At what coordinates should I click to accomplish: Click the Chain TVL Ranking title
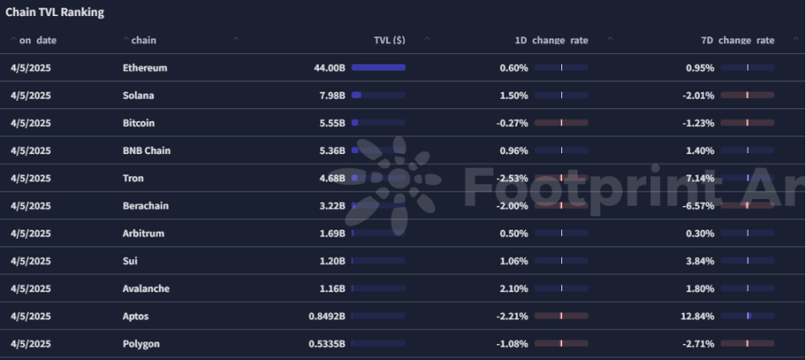point(55,13)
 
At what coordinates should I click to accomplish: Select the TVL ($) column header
point(389,40)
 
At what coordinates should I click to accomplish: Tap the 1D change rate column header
point(551,40)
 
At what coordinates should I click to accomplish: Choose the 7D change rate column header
point(737,40)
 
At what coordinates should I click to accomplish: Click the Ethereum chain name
point(145,68)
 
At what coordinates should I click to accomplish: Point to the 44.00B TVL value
point(329,68)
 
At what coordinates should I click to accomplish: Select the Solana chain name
point(138,95)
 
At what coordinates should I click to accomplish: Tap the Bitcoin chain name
point(139,123)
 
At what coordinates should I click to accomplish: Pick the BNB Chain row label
point(146,151)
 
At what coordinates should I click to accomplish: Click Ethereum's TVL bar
point(378,68)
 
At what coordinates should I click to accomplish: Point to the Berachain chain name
point(146,206)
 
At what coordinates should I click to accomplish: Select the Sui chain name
point(130,261)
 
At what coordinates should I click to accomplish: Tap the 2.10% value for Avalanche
point(514,289)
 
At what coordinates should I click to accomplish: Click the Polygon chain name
point(141,344)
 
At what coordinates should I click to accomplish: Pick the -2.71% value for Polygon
point(699,344)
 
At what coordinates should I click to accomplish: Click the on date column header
point(37,40)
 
